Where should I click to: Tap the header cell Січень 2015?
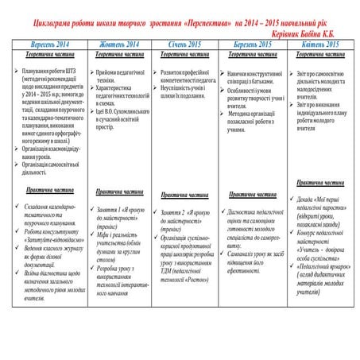point(184,45)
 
